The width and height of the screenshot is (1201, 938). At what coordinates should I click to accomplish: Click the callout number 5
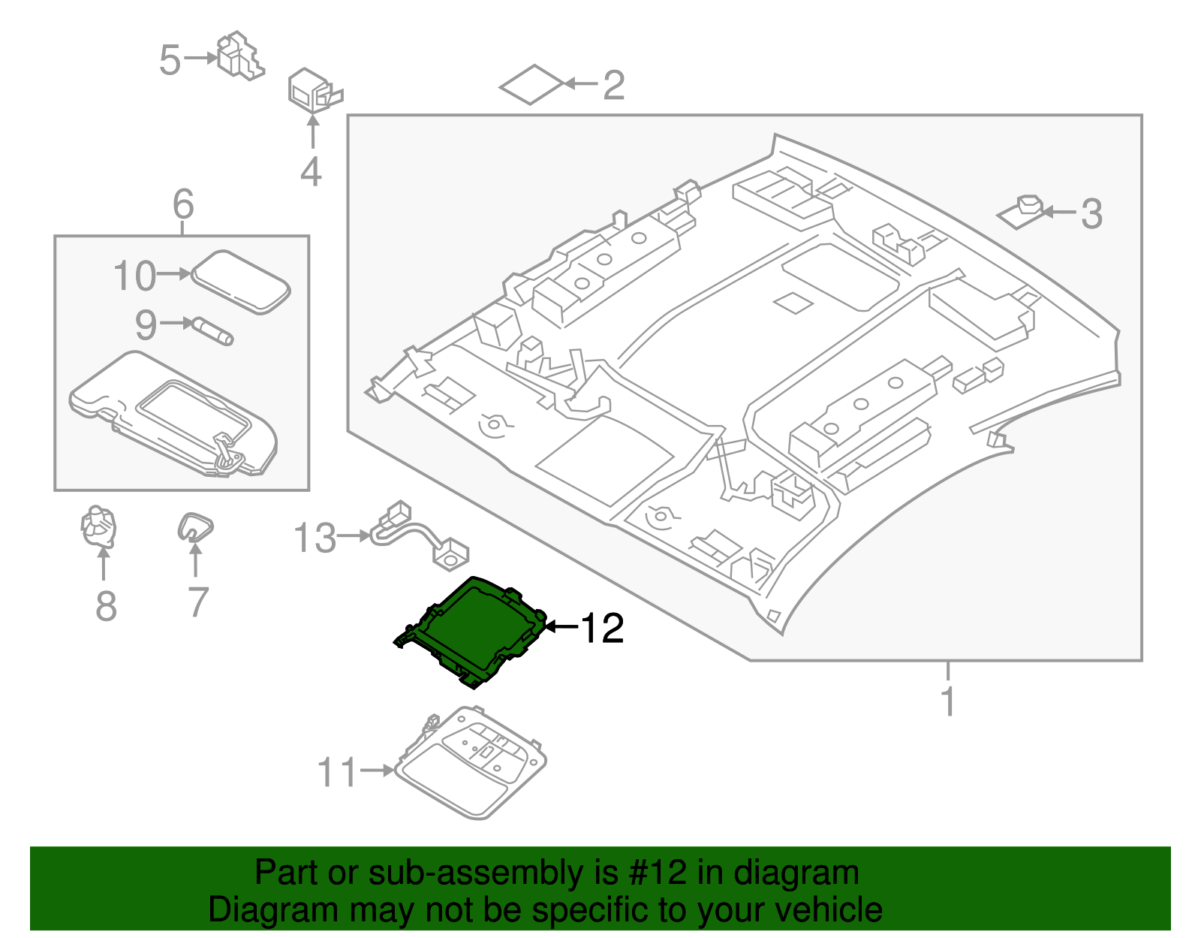(170, 60)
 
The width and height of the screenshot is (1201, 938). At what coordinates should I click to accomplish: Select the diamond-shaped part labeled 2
(531, 84)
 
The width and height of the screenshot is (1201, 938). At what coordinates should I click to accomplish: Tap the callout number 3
(1091, 214)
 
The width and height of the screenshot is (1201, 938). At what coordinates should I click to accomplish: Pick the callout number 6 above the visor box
(183, 204)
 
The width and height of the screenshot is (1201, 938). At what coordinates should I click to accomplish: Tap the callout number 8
(106, 606)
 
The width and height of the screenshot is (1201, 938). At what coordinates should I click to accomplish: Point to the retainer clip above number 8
(99, 526)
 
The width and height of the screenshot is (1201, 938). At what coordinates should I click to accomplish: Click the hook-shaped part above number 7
(194, 526)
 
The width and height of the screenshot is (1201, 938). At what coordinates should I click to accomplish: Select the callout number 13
(315, 538)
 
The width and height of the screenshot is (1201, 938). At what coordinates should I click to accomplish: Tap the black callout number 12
(602, 628)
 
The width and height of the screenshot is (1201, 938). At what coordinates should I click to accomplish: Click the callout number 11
(337, 772)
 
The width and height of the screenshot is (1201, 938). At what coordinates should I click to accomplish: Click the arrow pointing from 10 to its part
(175, 275)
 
